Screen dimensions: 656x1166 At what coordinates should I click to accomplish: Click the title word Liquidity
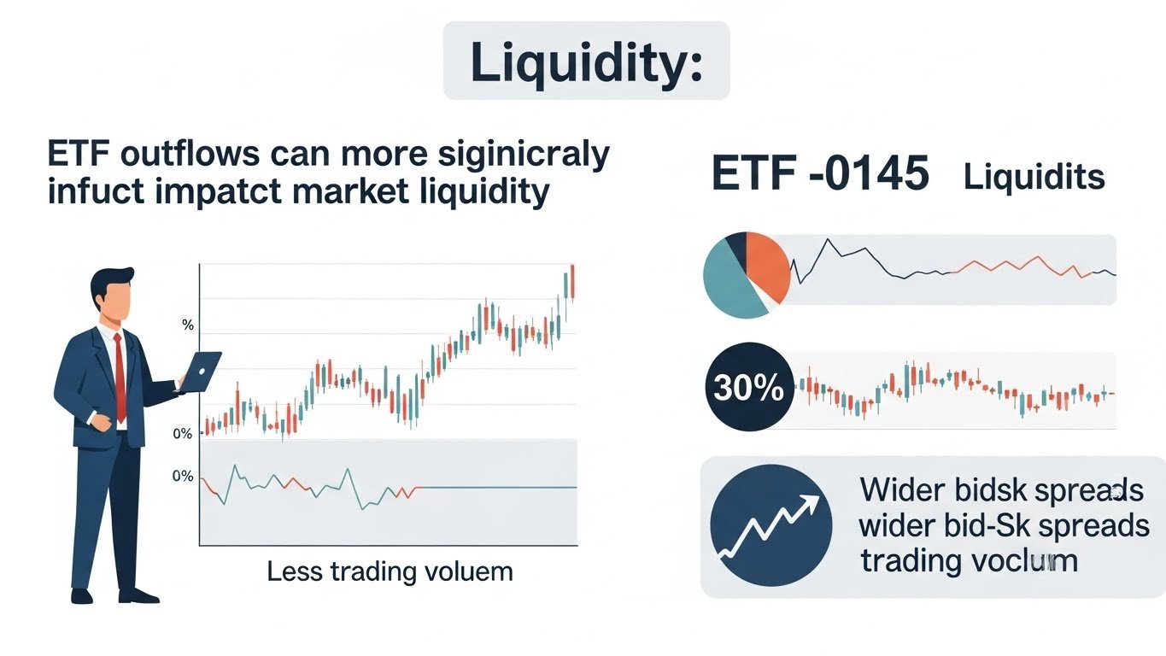[586, 62]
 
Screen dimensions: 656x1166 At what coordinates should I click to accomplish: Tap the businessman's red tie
[120, 376]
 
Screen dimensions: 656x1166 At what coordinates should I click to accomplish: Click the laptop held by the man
[202, 371]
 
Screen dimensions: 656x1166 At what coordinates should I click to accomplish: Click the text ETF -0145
[819, 174]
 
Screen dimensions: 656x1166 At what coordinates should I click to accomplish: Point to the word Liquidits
[1034, 177]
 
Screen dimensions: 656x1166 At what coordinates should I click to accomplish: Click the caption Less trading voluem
[390, 571]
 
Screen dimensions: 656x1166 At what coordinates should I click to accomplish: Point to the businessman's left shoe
[82, 594]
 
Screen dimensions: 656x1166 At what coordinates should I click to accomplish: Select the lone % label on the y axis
[188, 325]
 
